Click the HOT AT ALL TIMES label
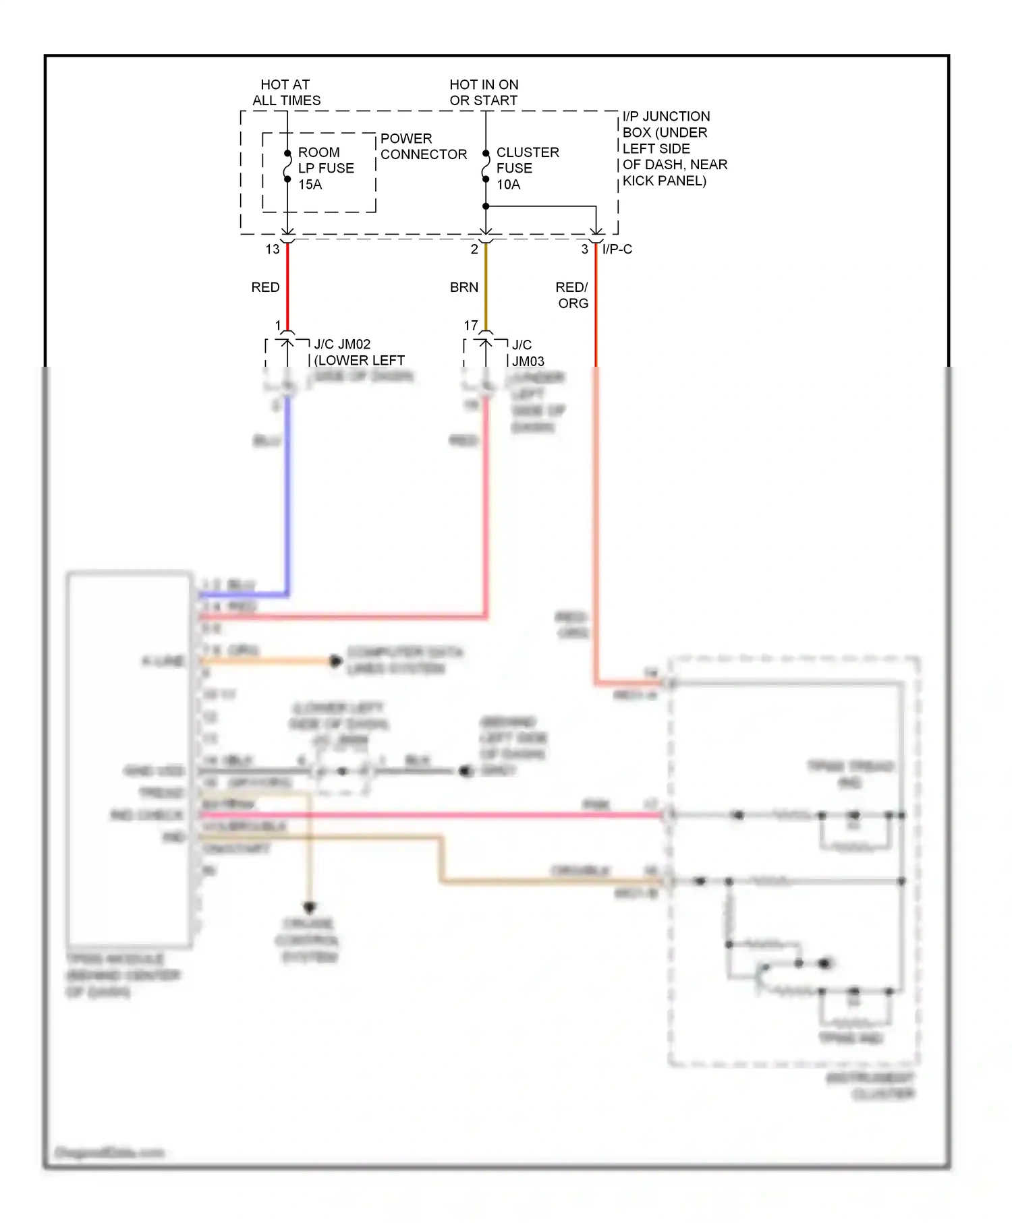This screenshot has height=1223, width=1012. [286, 92]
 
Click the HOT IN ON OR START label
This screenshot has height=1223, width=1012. [484, 92]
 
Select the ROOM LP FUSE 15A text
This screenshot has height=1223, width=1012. [325, 169]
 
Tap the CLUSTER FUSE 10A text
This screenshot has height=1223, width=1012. [527, 169]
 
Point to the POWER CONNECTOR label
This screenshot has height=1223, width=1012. [423, 146]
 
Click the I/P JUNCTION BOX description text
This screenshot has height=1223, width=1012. [673, 148]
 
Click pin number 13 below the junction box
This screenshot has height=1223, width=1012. [273, 249]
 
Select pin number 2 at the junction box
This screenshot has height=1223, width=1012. [474, 249]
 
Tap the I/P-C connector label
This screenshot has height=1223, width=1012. [617, 249]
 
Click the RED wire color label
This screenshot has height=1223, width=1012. [265, 287]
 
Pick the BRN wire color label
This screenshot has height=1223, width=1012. [464, 287]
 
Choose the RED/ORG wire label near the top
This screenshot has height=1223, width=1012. [572, 295]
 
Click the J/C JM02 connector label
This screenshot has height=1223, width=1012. [343, 345]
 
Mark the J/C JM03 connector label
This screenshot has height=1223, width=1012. [527, 353]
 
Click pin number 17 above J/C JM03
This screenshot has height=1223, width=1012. [471, 326]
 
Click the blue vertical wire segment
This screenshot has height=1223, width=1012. [288, 492]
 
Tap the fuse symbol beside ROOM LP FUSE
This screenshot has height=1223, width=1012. [287, 167]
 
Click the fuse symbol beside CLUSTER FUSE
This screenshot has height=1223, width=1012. [486, 167]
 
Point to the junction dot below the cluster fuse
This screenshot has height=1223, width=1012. [486, 206]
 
